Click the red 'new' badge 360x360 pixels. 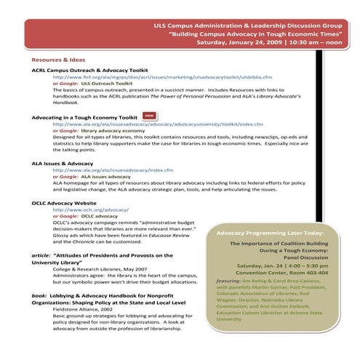pyautogui.click(x=148, y=115)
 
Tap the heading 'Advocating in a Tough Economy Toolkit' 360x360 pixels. pyautogui.click(x=84, y=116)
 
